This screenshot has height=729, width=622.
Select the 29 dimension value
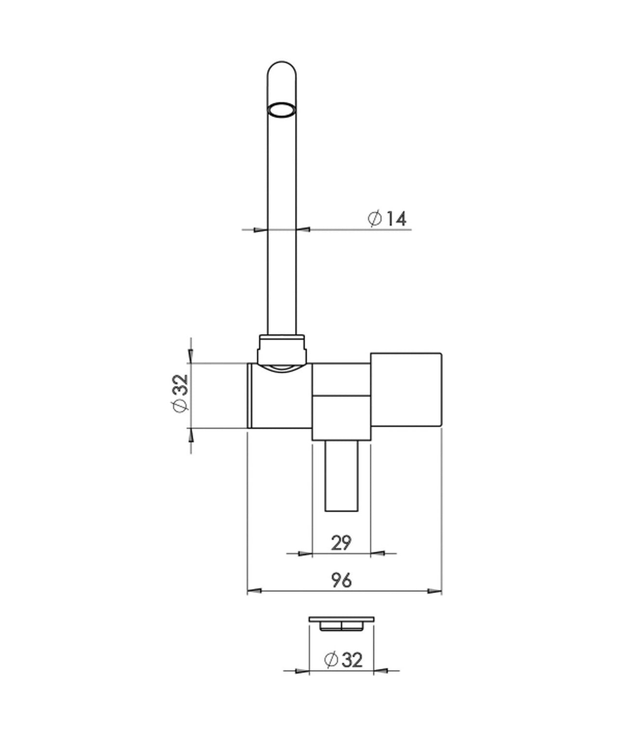341,543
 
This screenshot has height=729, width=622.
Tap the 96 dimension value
341,580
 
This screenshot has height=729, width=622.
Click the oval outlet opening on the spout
281,109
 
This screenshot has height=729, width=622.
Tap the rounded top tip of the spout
281,63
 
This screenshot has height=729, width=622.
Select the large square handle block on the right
406,390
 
